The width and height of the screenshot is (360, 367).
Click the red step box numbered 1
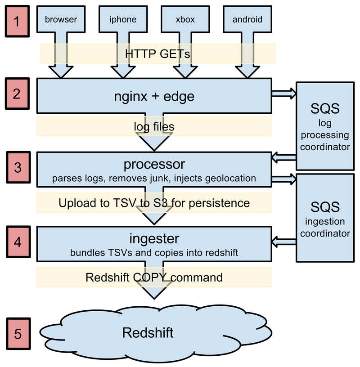point(17,22)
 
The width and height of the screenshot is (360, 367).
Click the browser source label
point(61,19)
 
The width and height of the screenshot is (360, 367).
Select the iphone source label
point(122,19)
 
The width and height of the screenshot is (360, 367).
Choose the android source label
point(247,19)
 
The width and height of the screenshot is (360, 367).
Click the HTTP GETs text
point(157,54)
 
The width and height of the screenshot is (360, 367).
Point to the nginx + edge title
point(154,96)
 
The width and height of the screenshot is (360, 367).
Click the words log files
point(154,127)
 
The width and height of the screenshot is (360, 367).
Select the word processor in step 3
point(154,163)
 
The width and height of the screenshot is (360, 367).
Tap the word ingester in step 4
point(154,237)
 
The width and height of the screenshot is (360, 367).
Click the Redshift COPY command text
point(154,277)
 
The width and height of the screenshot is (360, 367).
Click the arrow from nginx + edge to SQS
point(283,93)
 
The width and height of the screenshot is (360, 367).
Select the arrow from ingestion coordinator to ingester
point(283,242)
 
